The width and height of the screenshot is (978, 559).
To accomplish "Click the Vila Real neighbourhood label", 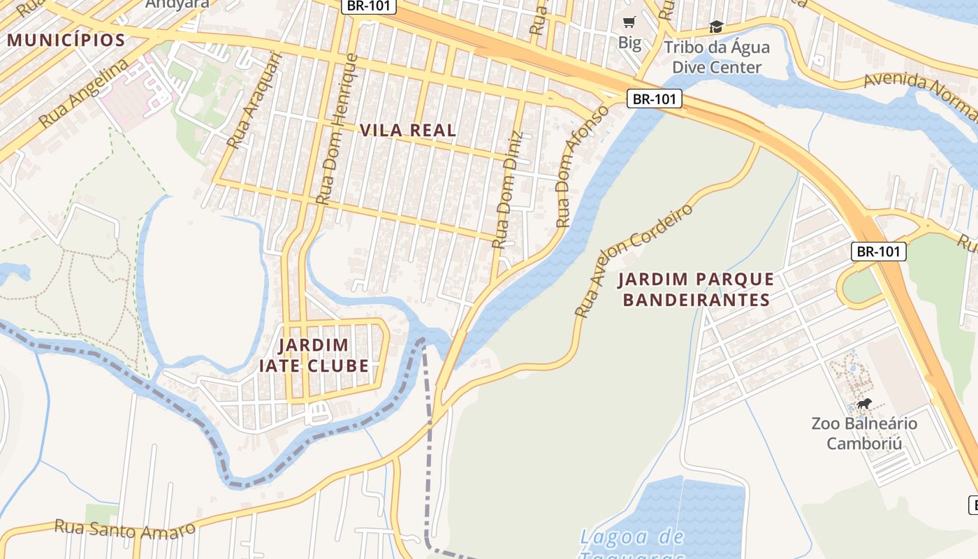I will tap(408, 130).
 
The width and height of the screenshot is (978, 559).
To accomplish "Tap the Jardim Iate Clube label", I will tap(314, 355).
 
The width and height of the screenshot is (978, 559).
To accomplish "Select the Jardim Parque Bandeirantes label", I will tap(696, 290).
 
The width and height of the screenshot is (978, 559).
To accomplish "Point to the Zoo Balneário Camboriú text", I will tap(863, 433).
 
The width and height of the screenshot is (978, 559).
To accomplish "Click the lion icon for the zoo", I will tap(864, 404).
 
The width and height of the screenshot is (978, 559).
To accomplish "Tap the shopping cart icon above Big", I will tap(629, 22).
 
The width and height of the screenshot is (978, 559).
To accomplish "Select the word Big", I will tap(629, 43).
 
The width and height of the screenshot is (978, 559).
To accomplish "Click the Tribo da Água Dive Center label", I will tap(716, 57).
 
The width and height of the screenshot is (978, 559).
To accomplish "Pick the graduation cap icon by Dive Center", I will tap(716, 27).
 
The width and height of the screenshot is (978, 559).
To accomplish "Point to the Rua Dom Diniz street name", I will tap(507, 190).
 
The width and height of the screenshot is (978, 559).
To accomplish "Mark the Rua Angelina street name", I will tap(84, 94).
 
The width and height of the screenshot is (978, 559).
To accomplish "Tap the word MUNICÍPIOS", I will tap(66, 40).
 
